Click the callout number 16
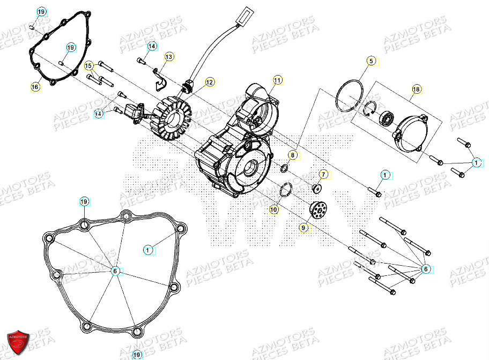35,87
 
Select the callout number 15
89,66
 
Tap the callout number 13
169,57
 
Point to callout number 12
209,82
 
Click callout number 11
277,80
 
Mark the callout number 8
292,155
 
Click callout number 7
323,175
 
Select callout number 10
273,210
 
